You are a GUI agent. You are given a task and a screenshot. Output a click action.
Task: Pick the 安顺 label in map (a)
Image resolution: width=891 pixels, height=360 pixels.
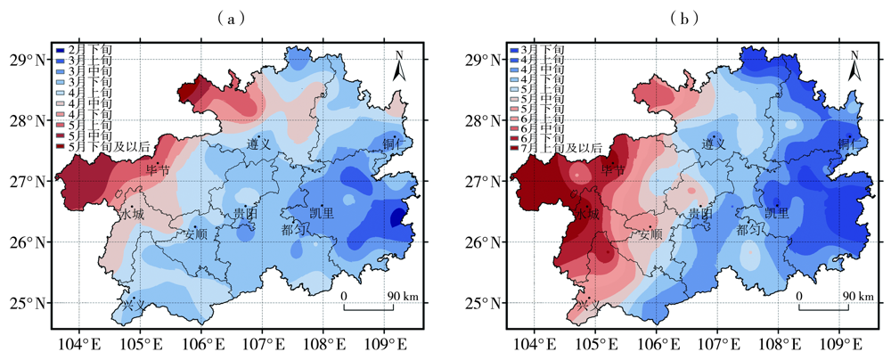coord(196,235)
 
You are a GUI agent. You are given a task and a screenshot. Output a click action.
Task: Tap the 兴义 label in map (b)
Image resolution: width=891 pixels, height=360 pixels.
coord(586,307)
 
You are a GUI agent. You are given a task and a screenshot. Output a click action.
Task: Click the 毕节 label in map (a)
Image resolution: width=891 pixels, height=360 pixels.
coord(157,170)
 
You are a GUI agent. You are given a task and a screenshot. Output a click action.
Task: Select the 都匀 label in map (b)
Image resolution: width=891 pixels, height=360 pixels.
coord(750,229)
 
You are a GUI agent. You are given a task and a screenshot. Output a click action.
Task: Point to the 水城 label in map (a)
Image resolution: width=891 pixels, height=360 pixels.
coord(131,214)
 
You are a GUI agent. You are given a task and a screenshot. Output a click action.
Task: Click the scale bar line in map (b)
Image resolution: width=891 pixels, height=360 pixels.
coord(823,308)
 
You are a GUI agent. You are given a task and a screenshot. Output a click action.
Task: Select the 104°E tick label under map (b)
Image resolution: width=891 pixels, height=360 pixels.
coord(535,344)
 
